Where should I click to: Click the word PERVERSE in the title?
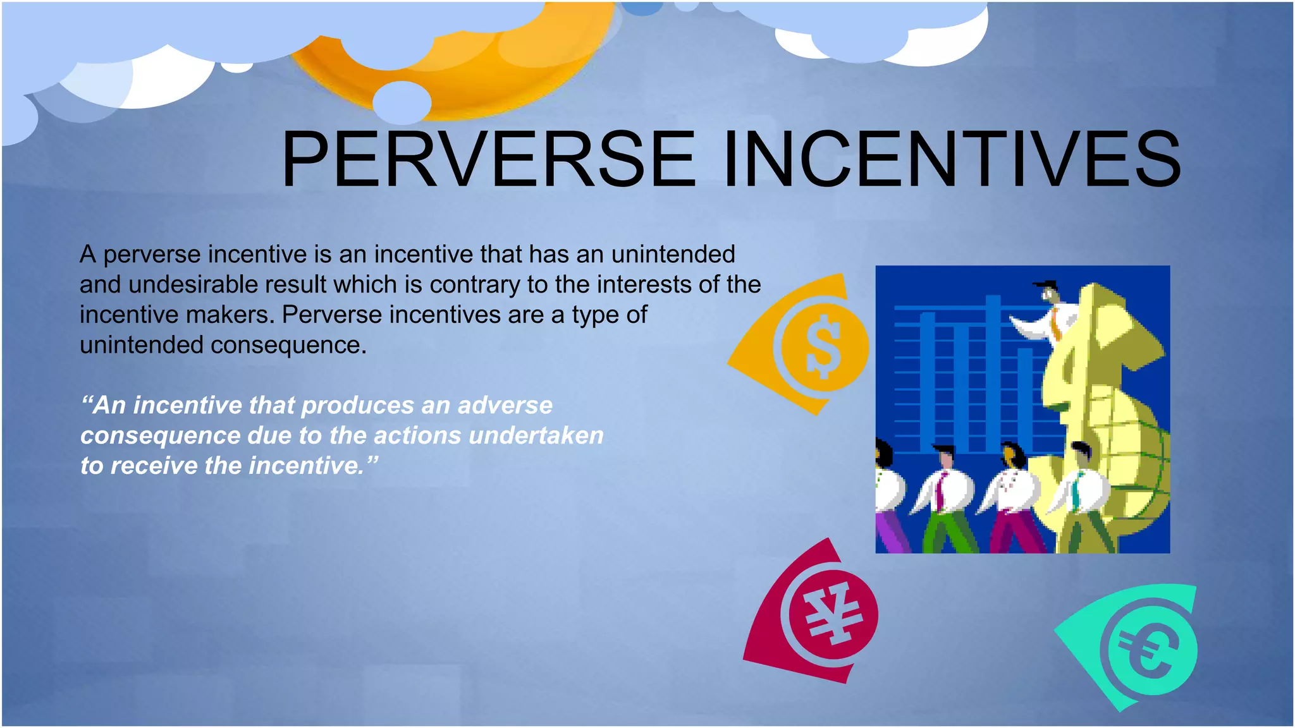click(488, 159)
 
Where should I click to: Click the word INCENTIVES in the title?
click(952, 159)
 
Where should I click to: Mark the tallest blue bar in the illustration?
click(993, 373)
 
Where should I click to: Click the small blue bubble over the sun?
click(402, 102)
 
